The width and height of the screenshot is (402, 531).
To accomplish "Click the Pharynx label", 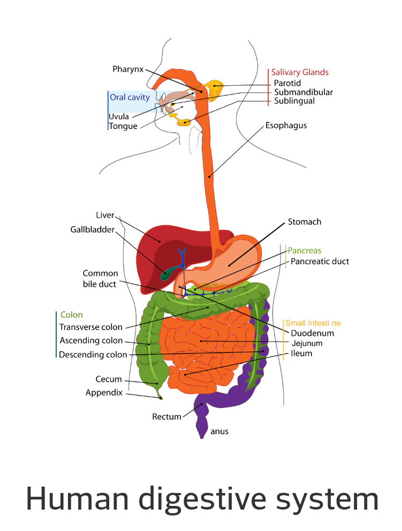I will tap(128, 69).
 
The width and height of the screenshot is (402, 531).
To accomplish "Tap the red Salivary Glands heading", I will tap(300, 72).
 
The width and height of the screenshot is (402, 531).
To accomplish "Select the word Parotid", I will tap(287, 83).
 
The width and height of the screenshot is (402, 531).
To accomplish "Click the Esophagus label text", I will tap(286, 126).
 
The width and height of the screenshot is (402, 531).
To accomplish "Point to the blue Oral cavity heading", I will tap(130, 97).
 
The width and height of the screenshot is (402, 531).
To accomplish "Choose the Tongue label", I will tap(123, 126).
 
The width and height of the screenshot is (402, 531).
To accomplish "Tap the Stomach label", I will tap(305, 221).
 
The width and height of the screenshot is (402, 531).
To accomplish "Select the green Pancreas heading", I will tap(305, 250).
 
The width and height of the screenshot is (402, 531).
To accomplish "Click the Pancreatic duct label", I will tap(320, 261).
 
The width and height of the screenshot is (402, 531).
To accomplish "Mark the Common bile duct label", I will tap(100, 279).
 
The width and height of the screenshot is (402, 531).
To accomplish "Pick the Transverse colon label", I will tap(90, 327).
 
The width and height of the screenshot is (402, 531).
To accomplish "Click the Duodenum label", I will tap(312, 333).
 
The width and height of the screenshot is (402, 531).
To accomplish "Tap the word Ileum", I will tap(302, 353).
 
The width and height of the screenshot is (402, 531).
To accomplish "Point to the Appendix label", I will tap(104, 393).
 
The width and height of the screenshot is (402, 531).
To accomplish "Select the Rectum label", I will tap(166, 417).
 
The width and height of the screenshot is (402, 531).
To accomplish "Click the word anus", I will tap(219, 431).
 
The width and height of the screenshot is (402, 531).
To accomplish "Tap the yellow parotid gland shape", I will tap(217, 91).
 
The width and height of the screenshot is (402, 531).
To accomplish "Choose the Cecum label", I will tap(109, 379).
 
